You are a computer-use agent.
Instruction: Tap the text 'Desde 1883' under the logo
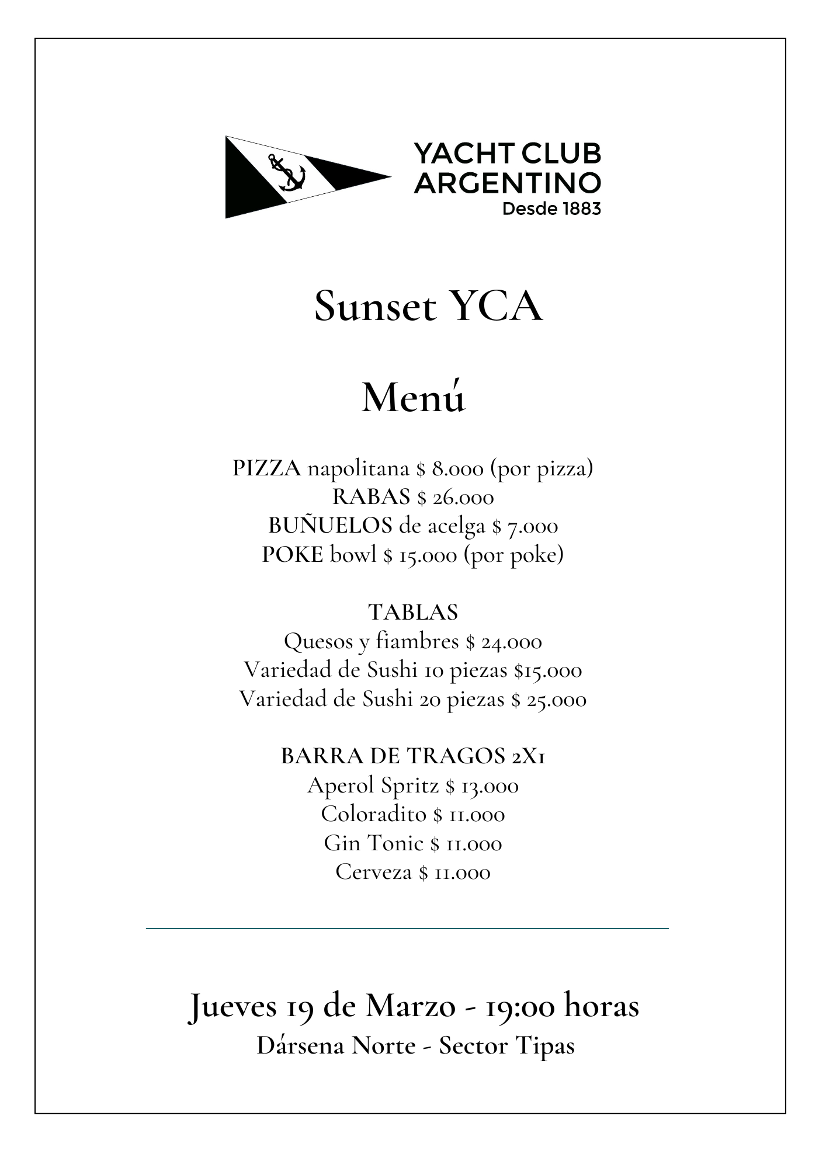click(551, 208)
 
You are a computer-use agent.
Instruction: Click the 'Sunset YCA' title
click(428, 306)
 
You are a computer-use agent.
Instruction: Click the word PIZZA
click(266, 468)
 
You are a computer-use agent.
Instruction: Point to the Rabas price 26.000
click(463, 498)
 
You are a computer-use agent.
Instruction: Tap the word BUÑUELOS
click(330, 526)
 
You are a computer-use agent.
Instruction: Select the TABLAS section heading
click(413, 612)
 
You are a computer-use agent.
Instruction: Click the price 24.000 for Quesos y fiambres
click(511, 642)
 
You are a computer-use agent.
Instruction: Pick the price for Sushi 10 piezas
click(548, 670)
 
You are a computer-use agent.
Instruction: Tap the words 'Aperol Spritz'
click(373, 785)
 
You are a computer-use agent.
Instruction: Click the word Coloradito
click(373, 814)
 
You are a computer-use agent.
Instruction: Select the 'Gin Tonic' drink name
click(373, 843)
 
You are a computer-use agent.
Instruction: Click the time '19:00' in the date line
click(519, 1006)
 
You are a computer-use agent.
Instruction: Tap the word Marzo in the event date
click(411, 1006)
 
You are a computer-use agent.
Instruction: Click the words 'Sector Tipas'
click(506, 1045)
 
